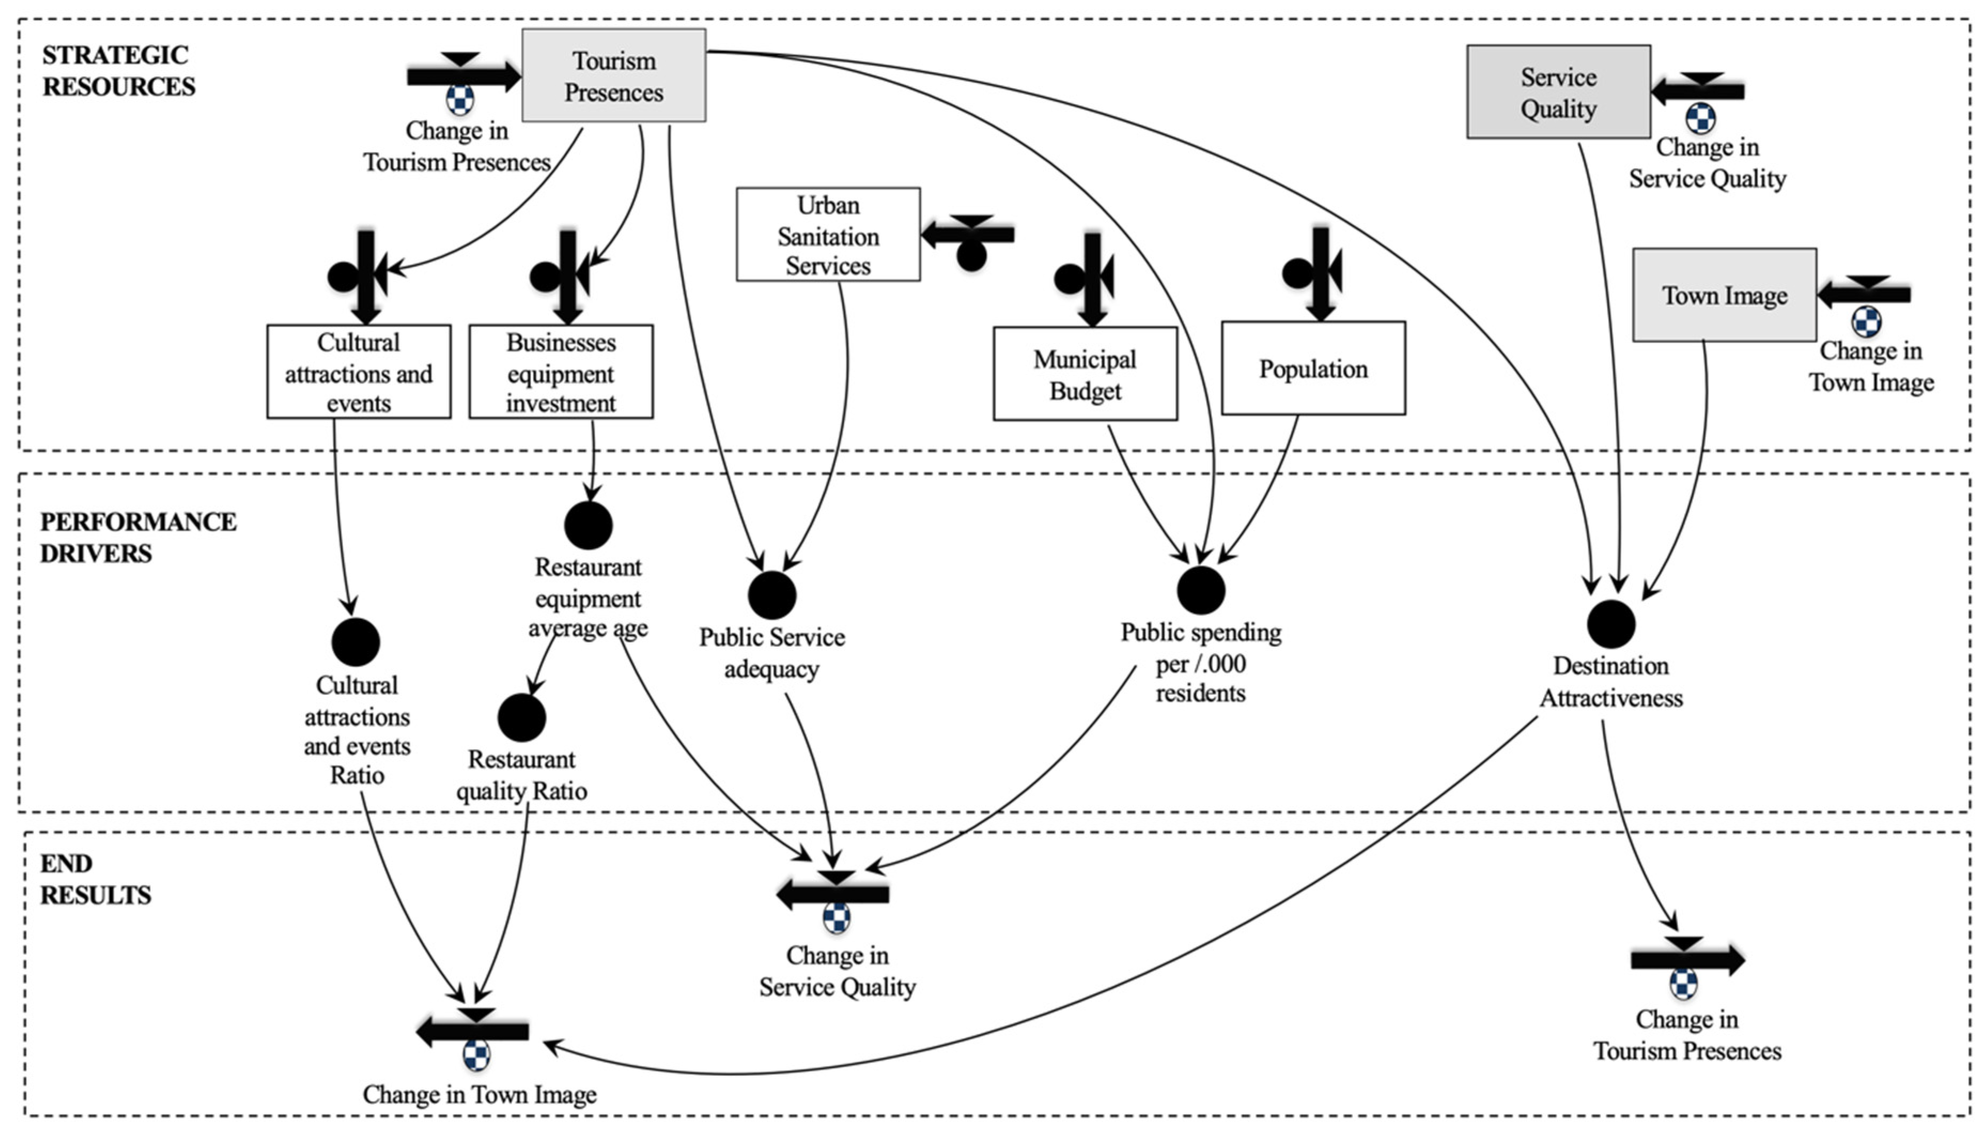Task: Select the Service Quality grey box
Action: [1558, 92]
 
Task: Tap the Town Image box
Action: [1723, 295]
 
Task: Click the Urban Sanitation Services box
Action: [828, 234]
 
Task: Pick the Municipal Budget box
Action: [1085, 374]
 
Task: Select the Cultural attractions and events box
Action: [358, 372]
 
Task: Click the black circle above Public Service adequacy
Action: [771, 594]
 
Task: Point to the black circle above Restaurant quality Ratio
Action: [521, 717]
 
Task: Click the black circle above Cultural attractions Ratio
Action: [355, 642]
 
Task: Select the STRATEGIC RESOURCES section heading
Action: [118, 70]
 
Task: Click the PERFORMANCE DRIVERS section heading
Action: [138, 537]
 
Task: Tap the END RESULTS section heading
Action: [95, 879]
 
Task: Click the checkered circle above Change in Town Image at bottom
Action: [476, 1056]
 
